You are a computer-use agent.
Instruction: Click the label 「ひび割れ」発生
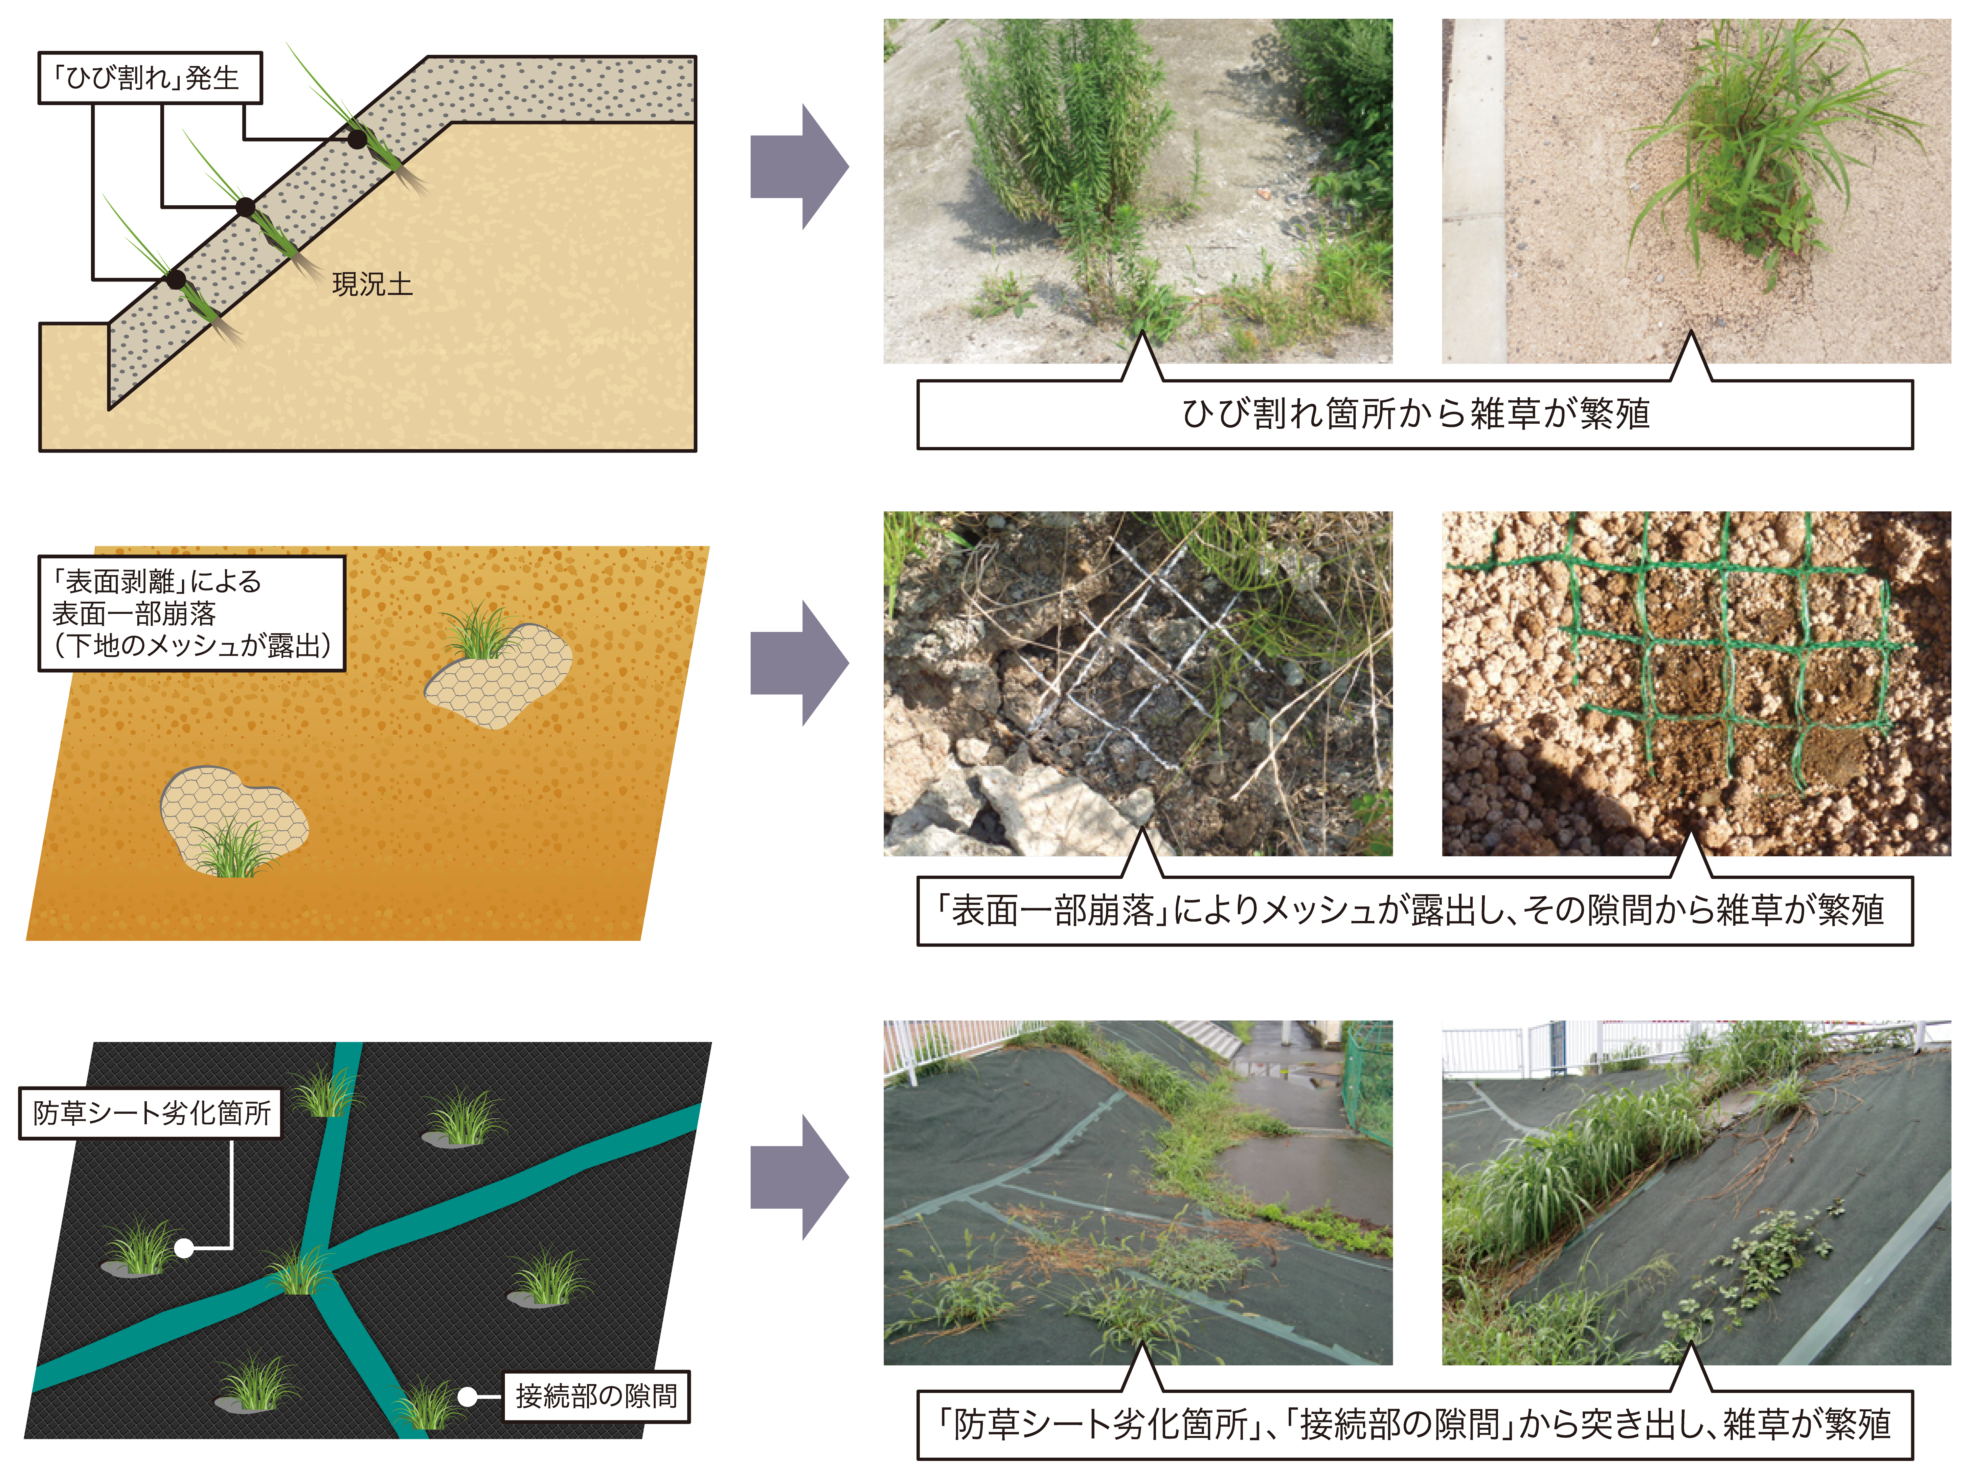[150, 78]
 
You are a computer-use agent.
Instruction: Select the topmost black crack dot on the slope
[356, 139]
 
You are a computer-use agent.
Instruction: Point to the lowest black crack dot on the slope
[176, 280]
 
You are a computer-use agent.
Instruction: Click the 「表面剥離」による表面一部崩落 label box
[192, 613]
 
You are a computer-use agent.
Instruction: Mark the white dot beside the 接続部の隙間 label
[467, 1396]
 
